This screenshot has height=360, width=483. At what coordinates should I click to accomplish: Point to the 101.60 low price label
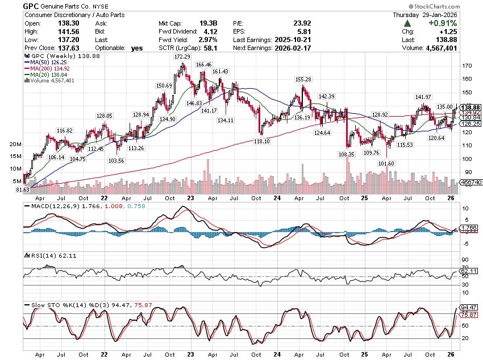386,164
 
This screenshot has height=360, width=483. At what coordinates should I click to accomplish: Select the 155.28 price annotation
303,79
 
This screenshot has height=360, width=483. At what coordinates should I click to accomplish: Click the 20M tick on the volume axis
15,144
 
